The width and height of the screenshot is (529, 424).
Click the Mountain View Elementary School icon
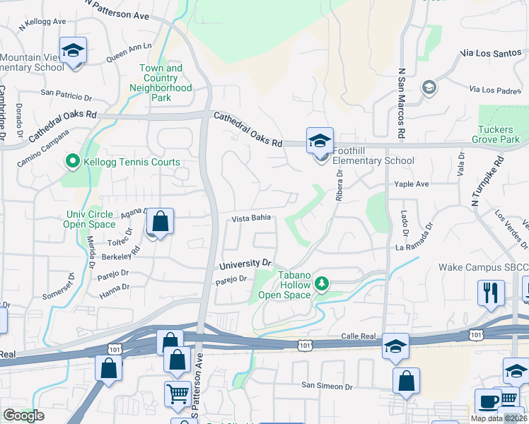(73, 51)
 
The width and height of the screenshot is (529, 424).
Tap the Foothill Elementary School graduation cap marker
(320, 139)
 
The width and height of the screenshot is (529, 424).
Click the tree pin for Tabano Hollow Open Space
(322, 283)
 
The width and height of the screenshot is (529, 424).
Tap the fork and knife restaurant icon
(491, 292)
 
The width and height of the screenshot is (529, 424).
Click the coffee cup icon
(487, 401)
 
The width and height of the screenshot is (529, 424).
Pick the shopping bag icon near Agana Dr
(161, 222)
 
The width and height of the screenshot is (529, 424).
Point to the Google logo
(24, 415)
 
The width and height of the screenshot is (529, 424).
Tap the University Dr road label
(245, 264)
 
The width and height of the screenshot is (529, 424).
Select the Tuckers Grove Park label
(499, 134)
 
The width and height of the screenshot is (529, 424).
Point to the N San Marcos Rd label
(401, 103)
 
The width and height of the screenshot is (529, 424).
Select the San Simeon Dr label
(327, 386)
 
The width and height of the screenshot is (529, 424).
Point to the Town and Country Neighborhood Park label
(161, 83)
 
